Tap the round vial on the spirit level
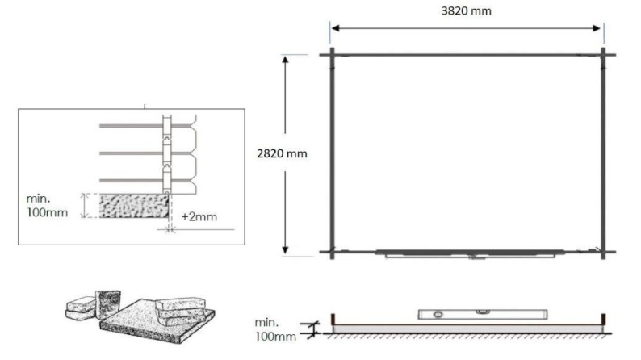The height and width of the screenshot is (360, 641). pyautogui.click(x=438, y=312)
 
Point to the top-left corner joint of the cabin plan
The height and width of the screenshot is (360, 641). pyautogui.click(x=331, y=55)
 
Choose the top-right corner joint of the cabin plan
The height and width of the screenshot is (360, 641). pyautogui.click(x=603, y=55)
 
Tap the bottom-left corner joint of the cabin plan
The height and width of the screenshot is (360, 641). pyautogui.click(x=331, y=252)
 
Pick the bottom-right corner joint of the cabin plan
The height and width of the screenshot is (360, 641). pyautogui.click(x=603, y=252)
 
